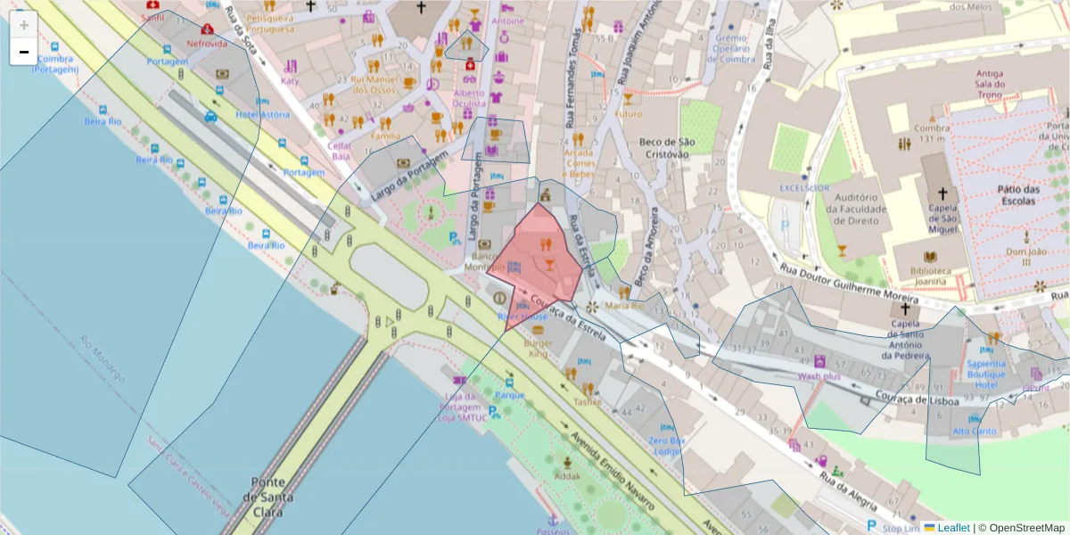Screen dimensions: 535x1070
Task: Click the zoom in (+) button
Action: point(24,24)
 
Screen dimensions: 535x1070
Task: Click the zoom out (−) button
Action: point(24,52)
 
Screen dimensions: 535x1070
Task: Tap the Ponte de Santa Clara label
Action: point(267,496)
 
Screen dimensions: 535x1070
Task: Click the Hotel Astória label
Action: point(262,114)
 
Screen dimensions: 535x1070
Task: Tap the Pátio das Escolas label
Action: point(1018,195)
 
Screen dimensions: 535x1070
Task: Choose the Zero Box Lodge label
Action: point(667,446)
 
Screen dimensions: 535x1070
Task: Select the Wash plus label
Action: point(819,376)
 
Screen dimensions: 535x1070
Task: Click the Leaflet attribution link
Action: point(952,528)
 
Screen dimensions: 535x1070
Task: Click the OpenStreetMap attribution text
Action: point(1022,528)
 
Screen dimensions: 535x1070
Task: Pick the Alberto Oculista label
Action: point(469,98)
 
